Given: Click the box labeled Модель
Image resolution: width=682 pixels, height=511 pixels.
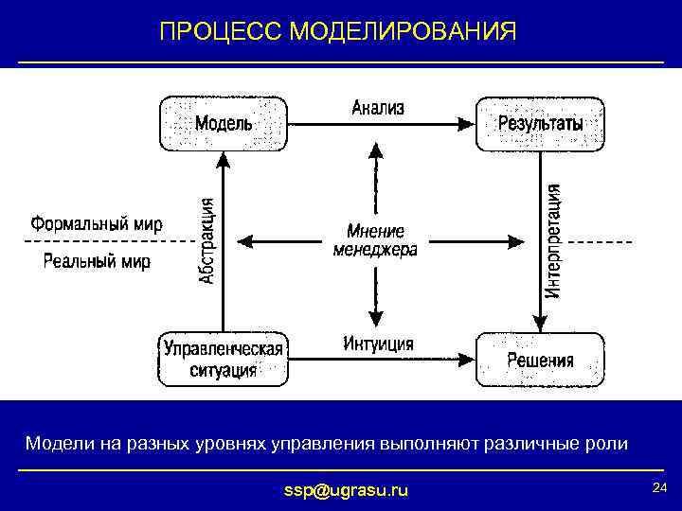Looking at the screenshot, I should click(x=224, y=123).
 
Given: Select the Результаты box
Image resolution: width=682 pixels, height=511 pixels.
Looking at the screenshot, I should click(x=540, y=123).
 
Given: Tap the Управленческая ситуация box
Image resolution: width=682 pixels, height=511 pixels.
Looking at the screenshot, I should click(x=224, y=359).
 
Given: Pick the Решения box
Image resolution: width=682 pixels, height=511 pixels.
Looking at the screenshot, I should click(x=540, y=359).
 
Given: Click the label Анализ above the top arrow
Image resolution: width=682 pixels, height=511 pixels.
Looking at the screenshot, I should click(x=378, y=107).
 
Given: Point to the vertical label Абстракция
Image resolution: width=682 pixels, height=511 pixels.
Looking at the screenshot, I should click(x=207, y=240).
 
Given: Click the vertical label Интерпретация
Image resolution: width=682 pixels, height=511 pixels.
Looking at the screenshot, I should click(x=553, y=241).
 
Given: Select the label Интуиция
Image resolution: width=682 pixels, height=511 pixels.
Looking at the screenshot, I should click(x=378, y=344).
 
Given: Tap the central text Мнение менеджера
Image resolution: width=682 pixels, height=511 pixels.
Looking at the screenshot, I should click(x=375, y=240).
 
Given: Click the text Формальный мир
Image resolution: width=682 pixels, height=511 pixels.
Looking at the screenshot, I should click(x=97, y=224).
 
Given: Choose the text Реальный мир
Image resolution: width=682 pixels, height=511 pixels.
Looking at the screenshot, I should click(x=97, y=261).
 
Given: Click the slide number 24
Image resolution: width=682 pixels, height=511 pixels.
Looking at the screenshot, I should click(x=659, y=487).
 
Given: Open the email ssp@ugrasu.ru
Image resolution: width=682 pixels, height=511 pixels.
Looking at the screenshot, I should click(x=347, y=490).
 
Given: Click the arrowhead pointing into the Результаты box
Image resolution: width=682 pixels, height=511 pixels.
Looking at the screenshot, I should click(x=465, y=123).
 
